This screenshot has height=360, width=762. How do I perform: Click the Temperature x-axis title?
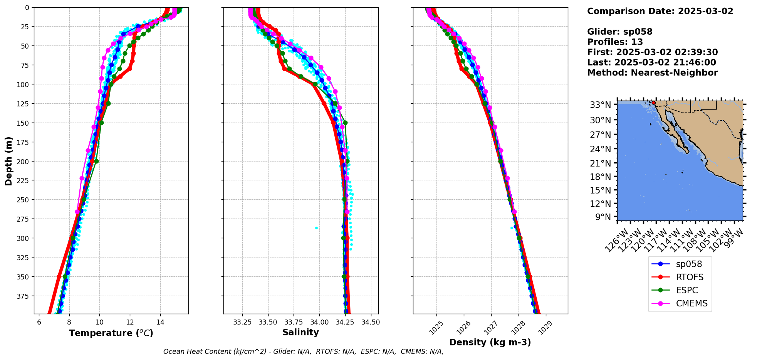point(111,333)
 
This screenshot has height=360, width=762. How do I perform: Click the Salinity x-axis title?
point(300,332)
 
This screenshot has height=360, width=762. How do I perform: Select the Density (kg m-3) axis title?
point(490,342)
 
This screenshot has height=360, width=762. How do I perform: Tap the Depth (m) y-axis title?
point(9,161)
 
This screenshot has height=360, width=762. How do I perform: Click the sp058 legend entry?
point(689,264)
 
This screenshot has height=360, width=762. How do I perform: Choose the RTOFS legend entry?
point(690,277)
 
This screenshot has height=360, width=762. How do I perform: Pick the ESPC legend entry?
point(687,290)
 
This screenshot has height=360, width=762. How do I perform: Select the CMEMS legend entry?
point(692,303)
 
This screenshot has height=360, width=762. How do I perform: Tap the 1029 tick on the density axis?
point(546,327)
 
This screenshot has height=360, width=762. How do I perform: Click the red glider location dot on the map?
point(653,103)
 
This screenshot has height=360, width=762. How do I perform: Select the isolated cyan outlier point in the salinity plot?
point(317,228)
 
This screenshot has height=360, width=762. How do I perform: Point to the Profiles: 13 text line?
point(615,42)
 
